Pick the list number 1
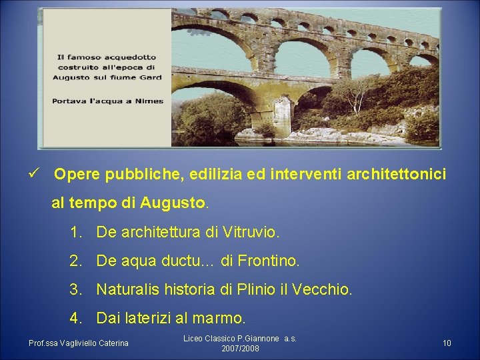[75, 233]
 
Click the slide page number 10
[447, 343]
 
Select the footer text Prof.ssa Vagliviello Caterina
[79, 343]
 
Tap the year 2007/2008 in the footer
[240, 349]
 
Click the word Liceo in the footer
[194, 339]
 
